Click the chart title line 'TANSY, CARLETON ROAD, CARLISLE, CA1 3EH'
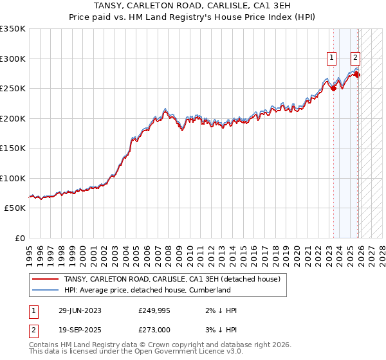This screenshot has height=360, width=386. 192,6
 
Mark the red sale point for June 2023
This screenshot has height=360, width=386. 333,89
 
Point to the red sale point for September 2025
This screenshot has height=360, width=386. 357,75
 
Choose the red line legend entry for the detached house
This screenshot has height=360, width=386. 172,280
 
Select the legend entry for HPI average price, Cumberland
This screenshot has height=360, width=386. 147,290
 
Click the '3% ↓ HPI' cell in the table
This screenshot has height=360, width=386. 220,330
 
